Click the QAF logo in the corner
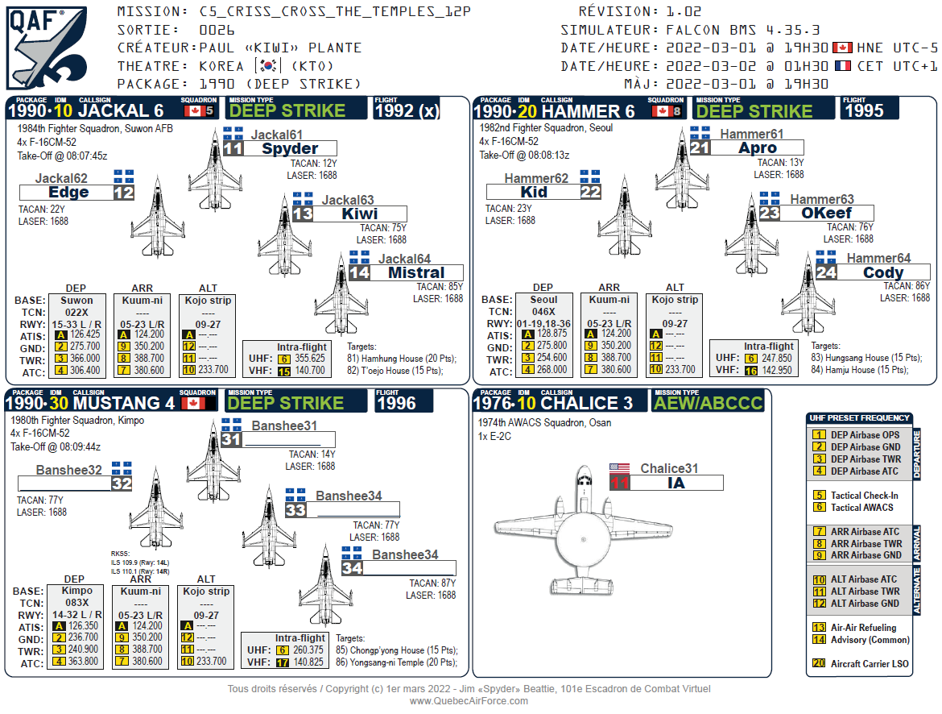coord(47,47)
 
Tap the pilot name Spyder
coord(290,148)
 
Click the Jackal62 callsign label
coord(61,178)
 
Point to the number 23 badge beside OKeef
coord(769,214)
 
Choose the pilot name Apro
coord(757,148)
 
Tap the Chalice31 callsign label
coord(669,468)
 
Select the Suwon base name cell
coord(76,300)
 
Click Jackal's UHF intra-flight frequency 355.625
coord(310,359)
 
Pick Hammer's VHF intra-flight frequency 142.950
coord(777,371)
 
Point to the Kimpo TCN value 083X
coord(76,603)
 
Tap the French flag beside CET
coord(842,66)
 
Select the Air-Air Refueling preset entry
coord(863,627)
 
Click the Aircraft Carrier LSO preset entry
coord(863,663)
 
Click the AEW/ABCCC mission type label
coord(708,403)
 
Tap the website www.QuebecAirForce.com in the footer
coord(469,700)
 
